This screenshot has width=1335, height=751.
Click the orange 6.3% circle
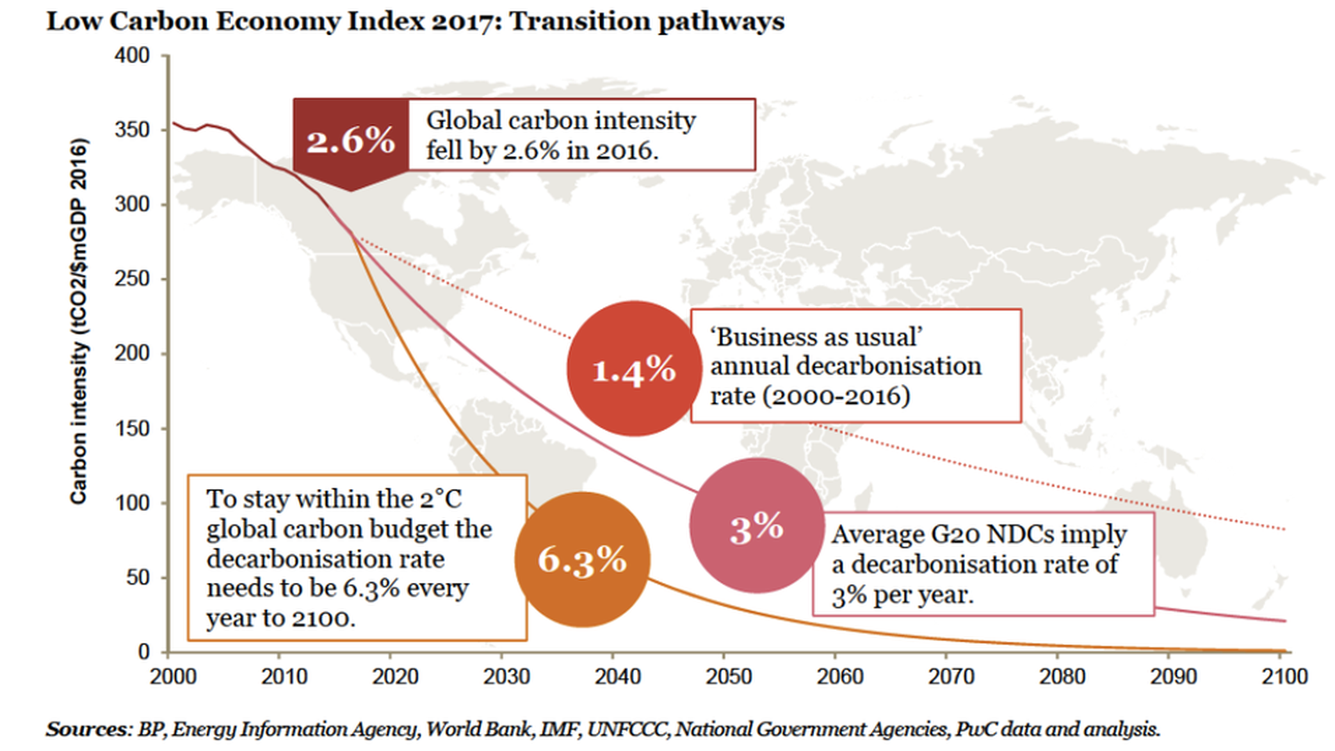(583, 560)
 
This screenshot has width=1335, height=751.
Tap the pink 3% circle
(756, 525)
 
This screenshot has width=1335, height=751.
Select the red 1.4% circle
(633, 369)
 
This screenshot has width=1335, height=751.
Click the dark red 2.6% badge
(350, 140)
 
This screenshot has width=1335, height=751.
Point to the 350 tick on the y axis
(132, 130)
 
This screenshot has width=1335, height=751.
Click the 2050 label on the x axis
(729, 676)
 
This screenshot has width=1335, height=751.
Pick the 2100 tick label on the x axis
(1284, 676)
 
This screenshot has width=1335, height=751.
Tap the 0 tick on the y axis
(143, 652)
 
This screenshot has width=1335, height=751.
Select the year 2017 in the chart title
(464, 21)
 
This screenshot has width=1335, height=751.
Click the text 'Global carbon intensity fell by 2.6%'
(560, 135)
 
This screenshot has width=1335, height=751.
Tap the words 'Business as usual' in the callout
(816, 337)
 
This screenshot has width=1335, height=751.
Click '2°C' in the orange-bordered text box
(440, 499)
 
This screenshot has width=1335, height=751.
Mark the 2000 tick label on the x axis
(173, 676)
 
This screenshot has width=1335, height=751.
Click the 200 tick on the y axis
(132, 353)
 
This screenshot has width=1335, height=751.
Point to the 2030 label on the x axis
(506, 676)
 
